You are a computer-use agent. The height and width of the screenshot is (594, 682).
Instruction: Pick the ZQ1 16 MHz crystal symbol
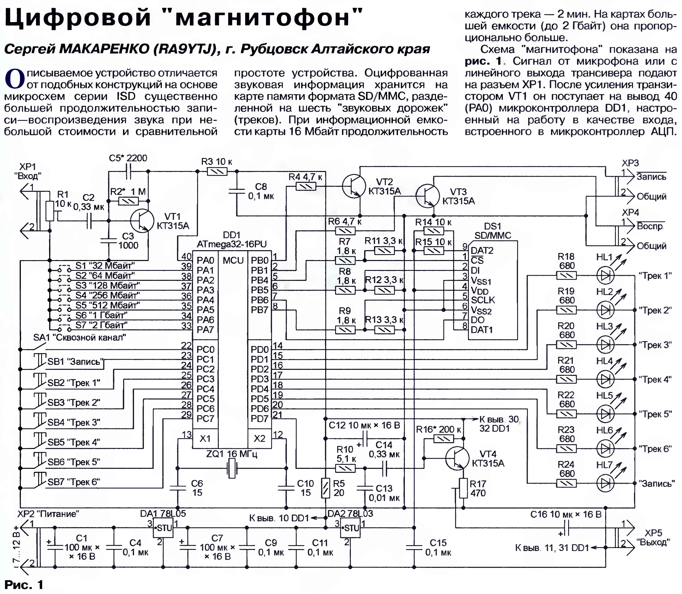point(232,468)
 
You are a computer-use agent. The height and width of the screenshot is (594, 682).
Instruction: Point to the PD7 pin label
point(260,419)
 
